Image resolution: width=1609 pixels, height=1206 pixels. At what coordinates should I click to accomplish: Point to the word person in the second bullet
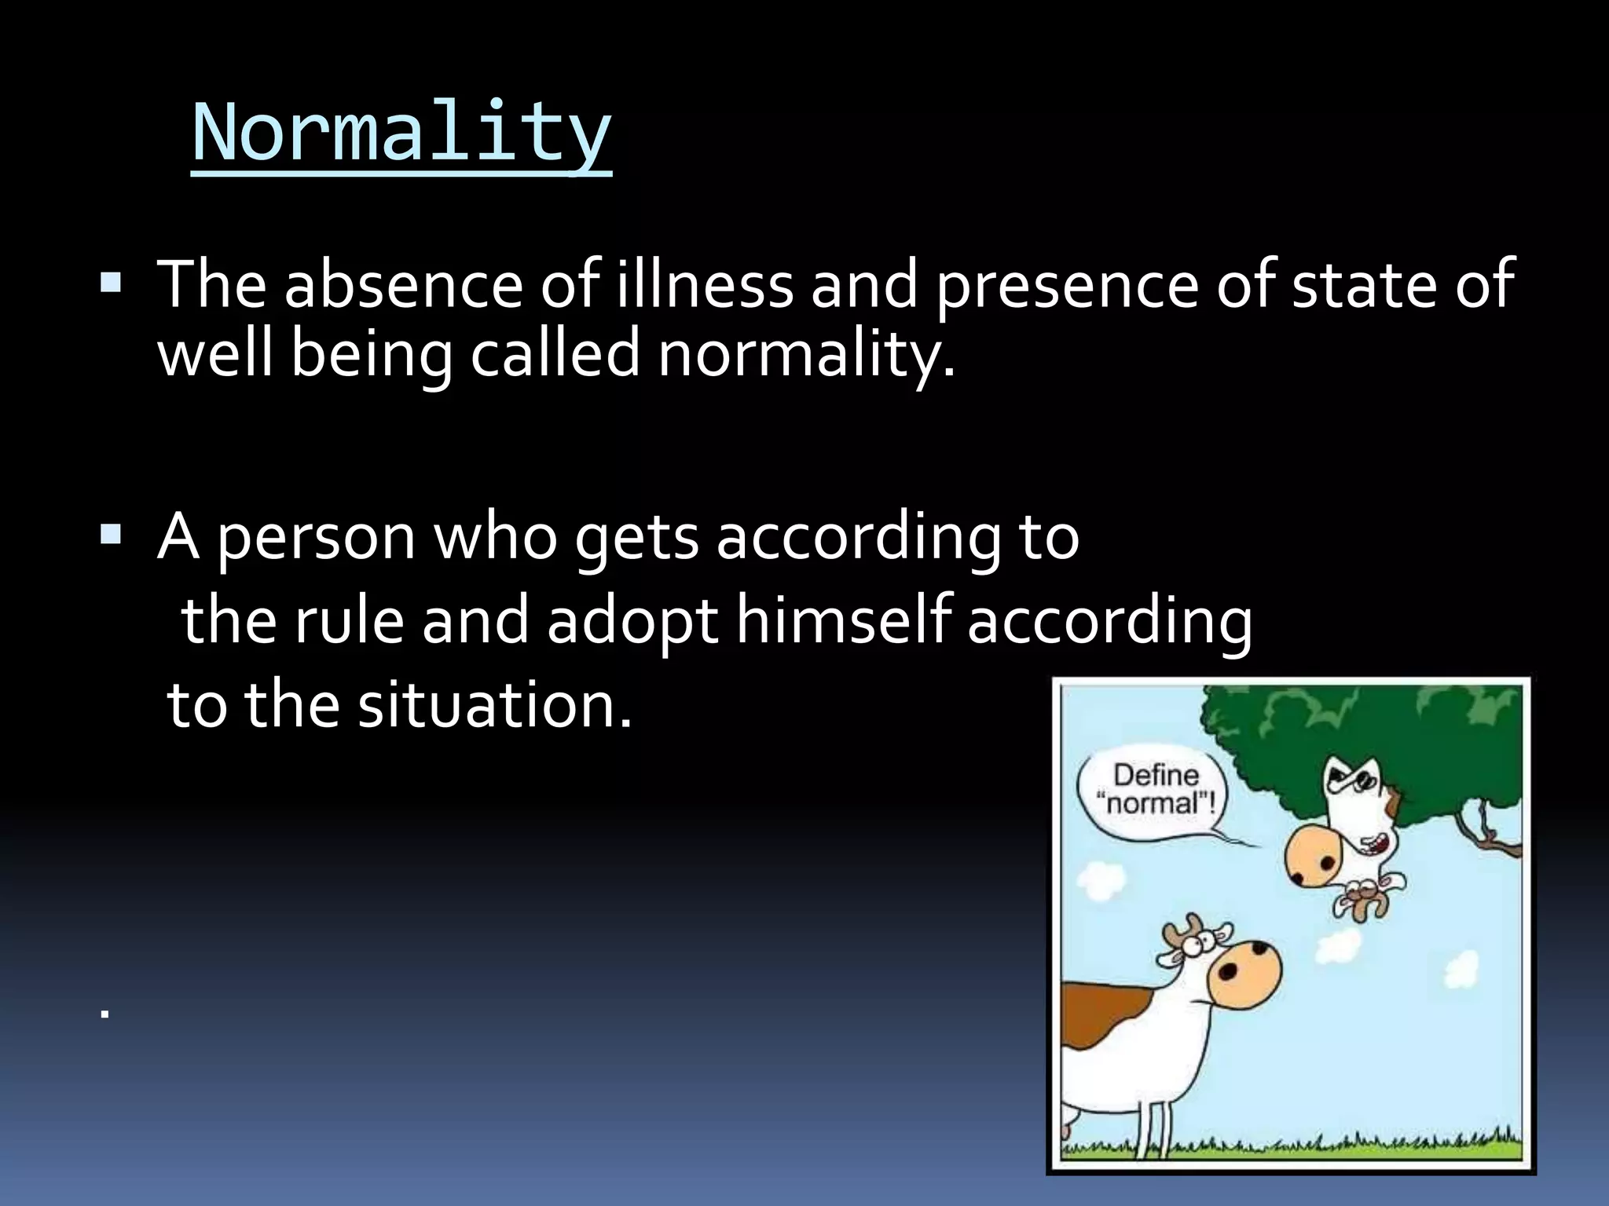[x=315, y=539]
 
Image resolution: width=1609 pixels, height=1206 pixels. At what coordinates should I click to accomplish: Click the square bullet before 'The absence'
[x=111, y=282]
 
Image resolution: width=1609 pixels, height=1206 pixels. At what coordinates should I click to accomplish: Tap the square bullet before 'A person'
[x=111, y=536]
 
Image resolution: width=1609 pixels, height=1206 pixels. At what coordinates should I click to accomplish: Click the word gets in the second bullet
[x=636, y=539]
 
